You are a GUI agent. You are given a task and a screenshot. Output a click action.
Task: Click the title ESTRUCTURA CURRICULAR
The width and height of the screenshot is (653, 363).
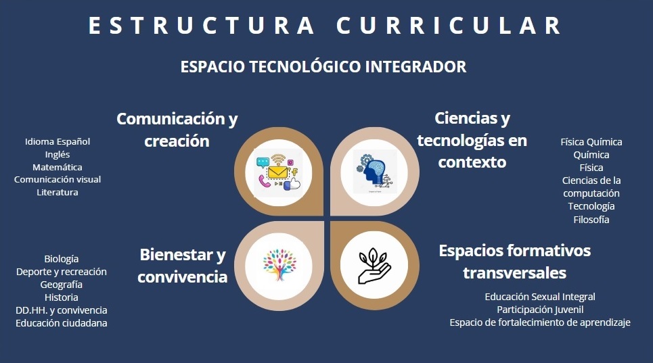[324, 26]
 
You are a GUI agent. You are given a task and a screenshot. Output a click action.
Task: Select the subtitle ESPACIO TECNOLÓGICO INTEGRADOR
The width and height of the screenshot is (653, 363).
[323, 67]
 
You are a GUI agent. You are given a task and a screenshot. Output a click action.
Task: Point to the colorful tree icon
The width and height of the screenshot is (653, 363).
[279, 265]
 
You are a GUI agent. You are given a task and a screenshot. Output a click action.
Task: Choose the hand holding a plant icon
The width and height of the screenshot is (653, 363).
[374, 266]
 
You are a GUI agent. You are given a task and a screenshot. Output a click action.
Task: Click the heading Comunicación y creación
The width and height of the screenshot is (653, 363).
[177, 130]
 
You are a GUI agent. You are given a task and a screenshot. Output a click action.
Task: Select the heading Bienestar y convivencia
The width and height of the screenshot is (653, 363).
[183, 266]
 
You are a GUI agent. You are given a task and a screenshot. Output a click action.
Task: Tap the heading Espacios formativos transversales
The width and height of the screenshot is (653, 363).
[515, 262]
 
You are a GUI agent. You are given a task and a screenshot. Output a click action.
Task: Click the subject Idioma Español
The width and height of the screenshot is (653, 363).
[58, 142]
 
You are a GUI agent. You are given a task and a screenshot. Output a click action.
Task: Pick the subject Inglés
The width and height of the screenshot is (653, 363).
[58, 155]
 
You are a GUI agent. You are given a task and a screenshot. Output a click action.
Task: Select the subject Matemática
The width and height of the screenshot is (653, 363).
[58, 167]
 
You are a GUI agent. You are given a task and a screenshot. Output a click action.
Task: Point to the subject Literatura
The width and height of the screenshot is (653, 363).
[58, 193]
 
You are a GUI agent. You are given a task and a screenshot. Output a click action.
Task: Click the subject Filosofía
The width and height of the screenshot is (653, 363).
[591, 220]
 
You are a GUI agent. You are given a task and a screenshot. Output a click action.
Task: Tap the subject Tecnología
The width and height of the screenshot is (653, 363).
[591, 206]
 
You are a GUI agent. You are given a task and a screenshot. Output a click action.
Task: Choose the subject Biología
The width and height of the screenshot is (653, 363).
[61, 259]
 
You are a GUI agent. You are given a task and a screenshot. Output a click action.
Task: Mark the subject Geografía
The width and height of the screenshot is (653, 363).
[61, 285]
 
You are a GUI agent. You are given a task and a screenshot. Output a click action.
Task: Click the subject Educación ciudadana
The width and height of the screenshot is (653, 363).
[61, 323]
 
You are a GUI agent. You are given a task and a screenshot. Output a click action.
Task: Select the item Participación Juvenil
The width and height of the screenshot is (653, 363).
[540, 310]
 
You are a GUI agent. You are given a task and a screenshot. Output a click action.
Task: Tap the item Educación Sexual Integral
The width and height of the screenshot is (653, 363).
[540, 297]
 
